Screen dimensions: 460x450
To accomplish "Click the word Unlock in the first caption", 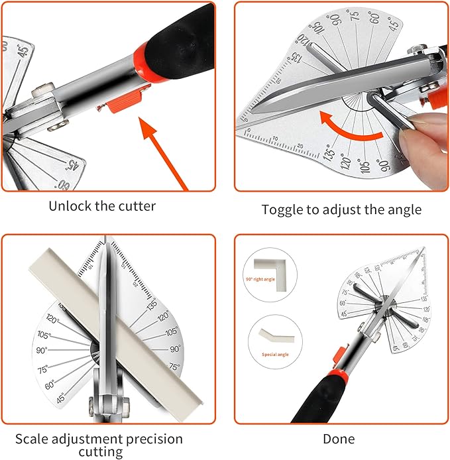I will click(70, 206).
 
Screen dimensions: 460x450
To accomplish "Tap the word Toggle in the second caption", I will click(282, 209).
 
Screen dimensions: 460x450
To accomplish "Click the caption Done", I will click(339, 439).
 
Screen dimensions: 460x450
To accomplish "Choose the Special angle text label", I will click(268, 355).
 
